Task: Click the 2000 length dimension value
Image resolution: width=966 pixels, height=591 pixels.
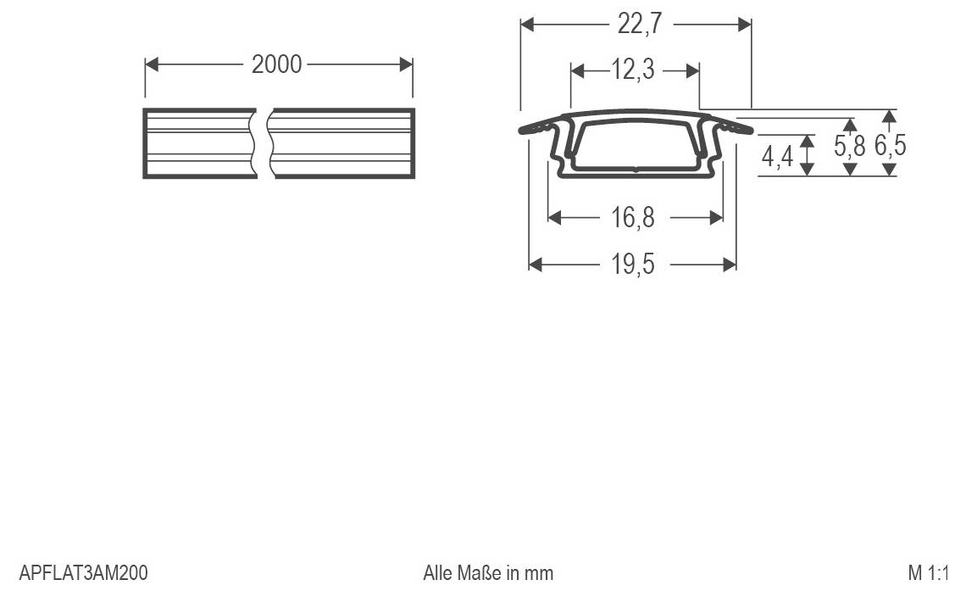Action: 276,64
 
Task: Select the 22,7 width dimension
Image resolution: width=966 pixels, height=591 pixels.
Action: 639,25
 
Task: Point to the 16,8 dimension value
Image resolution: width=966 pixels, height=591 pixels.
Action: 633,218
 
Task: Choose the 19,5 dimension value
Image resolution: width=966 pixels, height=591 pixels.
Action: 633,265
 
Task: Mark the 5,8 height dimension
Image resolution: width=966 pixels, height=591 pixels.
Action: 849,147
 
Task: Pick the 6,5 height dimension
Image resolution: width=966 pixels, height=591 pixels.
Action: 890,147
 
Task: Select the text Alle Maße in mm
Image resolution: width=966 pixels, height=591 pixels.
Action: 488,572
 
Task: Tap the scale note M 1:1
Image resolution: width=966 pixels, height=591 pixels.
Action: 928,572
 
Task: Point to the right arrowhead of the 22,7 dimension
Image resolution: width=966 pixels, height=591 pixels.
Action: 745,25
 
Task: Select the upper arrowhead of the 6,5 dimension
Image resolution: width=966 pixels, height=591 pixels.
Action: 889,115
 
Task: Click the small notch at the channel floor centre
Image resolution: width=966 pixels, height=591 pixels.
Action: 636,170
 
